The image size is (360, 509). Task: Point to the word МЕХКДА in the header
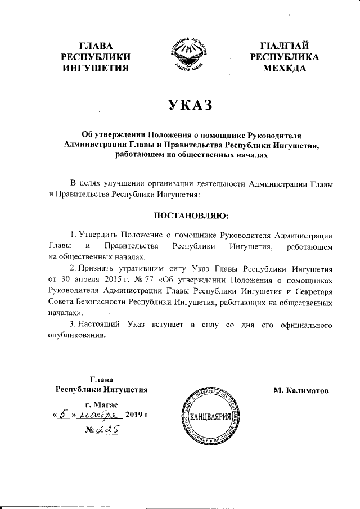coord(285,69)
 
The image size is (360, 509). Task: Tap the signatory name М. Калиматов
coord(301,390)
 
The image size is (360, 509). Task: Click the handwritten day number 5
coord(65,415)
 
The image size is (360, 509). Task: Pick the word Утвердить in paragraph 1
coord(97,235)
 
